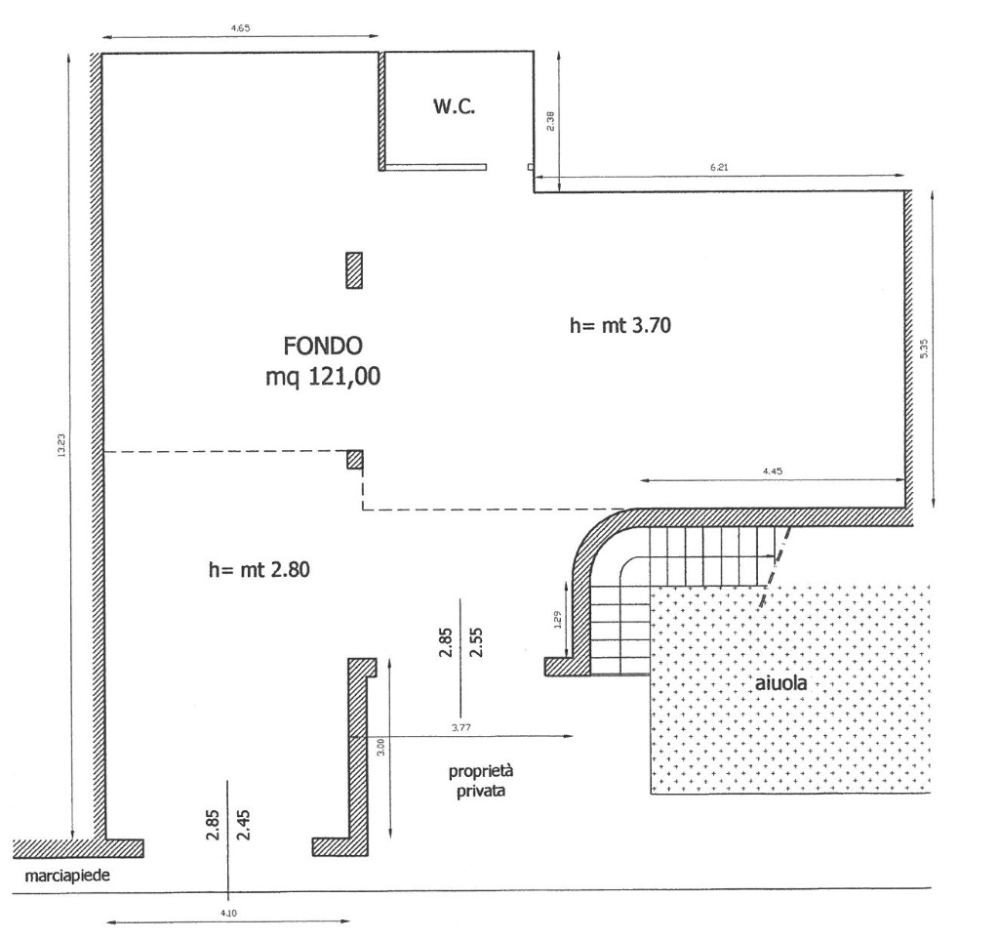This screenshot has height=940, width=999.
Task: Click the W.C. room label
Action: click(455, 106)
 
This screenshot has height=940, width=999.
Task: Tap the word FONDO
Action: click(323, 347)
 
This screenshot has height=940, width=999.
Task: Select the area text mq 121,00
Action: click(323, 377)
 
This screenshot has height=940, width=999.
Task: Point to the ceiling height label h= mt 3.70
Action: click(619, 326)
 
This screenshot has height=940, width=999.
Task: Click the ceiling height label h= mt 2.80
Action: click(260, 569)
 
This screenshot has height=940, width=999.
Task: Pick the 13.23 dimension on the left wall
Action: click(61, 445)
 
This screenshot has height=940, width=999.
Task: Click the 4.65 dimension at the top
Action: click(240, 28)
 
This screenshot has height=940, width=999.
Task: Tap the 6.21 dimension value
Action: click(719, 168)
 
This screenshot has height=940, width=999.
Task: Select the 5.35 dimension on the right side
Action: click(925, 347)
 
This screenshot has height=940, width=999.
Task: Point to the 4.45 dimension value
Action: click(773, 471)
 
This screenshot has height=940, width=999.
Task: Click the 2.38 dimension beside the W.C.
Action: click(550, 121)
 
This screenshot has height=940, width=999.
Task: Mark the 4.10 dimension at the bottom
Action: click(228, 914)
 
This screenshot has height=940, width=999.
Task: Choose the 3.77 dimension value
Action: click(461, 727)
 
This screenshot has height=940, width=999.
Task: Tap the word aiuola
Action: click(780, 683)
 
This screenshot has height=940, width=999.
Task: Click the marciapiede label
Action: click(67, 876)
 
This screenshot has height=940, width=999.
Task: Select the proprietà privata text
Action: click(481, 781)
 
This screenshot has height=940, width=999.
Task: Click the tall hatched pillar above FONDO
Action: click(354, 270)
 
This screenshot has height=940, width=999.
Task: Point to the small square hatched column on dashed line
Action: click(355, 460)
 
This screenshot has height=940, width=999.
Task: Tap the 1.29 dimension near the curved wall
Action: click(557, 620)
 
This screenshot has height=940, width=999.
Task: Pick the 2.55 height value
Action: click(476, 642)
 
